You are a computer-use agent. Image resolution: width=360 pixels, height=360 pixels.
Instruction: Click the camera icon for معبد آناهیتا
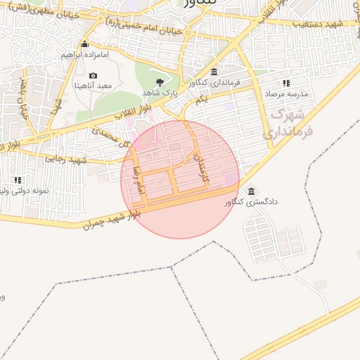[x=94, y=75]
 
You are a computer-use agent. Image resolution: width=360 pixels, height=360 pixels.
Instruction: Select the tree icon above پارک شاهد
[x=160, y=83]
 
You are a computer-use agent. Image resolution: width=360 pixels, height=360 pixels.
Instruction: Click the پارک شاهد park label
[x=160, y=93]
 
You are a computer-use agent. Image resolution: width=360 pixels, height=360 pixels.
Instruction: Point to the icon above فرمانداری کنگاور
[x=214, y=72]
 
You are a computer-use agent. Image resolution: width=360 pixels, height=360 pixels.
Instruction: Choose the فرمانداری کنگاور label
[x=214, y=82]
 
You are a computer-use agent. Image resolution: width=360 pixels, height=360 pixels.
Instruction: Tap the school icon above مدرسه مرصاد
[x=286, y=83]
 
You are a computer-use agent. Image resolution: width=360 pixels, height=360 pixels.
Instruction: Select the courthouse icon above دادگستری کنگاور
[x=252, y=191]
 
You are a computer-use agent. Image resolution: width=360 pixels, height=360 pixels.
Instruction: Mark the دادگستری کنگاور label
[x=251, y=202]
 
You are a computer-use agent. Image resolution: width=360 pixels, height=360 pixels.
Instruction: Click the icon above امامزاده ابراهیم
[x=84, y=44]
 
